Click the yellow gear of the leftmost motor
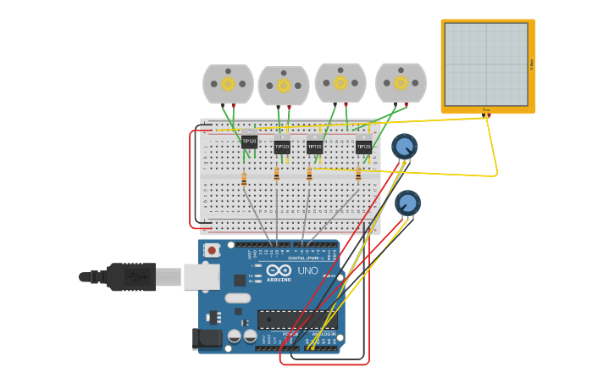click(228, 84)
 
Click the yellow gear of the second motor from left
click(284, 86)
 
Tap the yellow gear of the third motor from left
click(340, 83)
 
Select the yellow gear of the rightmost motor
click(401, 83)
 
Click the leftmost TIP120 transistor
click(249, 142)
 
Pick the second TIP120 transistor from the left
click(282, 147)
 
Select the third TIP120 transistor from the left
click(314, 147)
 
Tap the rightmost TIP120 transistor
click(363, 147)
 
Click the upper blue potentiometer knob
click(404, 147)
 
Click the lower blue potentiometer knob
click(407, 203)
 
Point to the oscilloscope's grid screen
click(486, 64)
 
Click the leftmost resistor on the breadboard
click(244, 179)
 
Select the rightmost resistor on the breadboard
click(358, 175)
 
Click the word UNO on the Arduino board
click(307, 271)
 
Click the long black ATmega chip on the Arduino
click(296, 320)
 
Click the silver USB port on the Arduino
click(202, 276)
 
